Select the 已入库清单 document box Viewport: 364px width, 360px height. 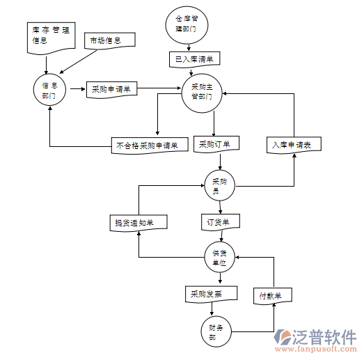click(194, 58)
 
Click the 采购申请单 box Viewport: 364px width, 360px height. click(111, 89)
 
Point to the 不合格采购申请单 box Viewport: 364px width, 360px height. click(148, 146)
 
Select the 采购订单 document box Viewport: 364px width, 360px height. click(216, 145)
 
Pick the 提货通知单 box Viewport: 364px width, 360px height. click(139, 223)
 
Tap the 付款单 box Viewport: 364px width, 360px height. click(272, 295)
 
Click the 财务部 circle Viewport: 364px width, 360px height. click(216, 331)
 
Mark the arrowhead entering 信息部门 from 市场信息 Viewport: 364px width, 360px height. click(62, 72)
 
